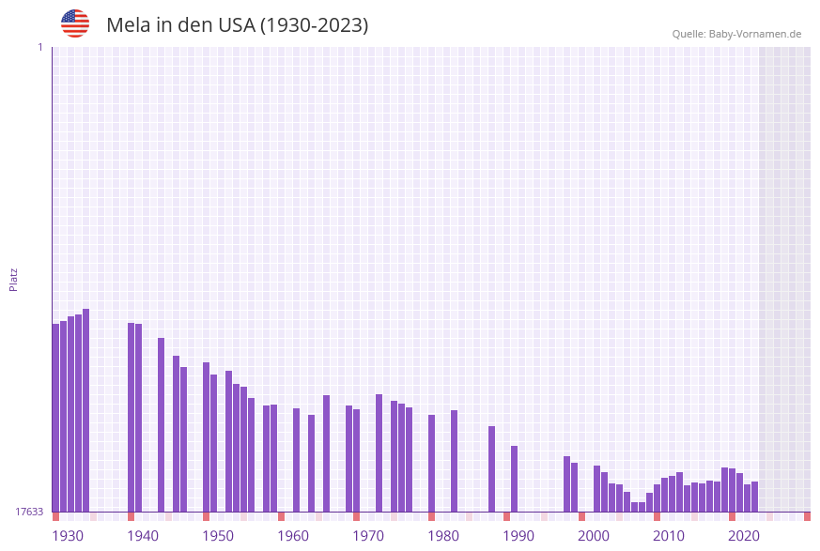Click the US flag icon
(75, 23)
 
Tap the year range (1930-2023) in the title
(314, 25)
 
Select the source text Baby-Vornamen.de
(755, 34)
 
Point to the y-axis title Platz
(14, 279)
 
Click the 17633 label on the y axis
(29, 512)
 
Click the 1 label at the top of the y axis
(39, 47)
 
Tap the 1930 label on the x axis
(68, 536)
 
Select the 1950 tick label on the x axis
(218, 536)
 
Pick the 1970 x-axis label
(368, 536)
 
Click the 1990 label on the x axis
(518, 536)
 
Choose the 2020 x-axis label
(744, 536)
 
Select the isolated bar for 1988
(491, 468)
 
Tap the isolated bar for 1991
(514, 479)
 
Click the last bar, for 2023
(754, 497)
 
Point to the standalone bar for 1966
(326, 453)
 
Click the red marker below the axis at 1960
(281, 516)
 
